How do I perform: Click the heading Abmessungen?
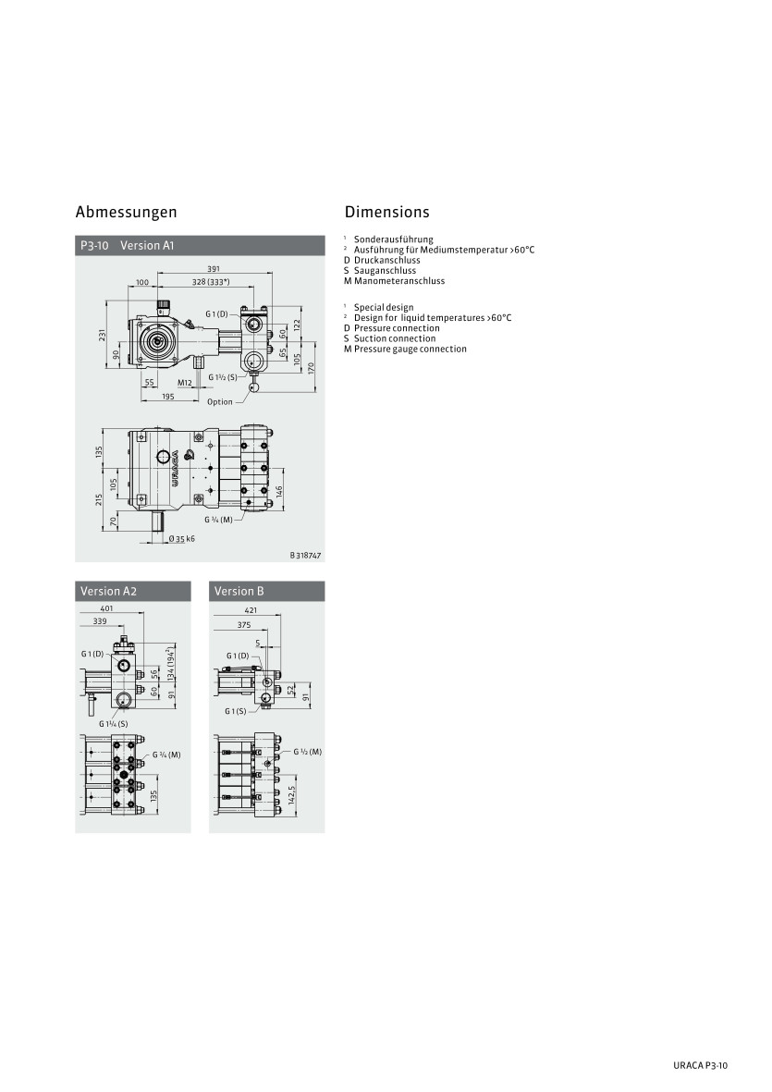[126, 212]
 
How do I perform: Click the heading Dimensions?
[387, 212]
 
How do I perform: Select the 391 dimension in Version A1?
[214, 269]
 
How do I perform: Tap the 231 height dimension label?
[102, 336]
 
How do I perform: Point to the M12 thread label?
[185, 383]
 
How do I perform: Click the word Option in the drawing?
[220, 402]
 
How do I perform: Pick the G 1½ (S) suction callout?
[223, 377]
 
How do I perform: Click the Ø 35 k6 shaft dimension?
[182, 538]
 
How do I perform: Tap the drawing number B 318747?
[306, 556]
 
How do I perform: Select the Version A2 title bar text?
[108, 591]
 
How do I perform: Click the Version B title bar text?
[239, 591]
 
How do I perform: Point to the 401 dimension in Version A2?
[106, 608]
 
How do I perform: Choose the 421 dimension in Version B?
[251, 610]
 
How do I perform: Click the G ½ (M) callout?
[308, 752]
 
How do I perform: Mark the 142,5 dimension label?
[292, 794]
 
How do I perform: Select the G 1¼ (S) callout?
[114, 724]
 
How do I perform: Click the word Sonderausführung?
[393, 239]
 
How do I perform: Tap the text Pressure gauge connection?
[410, 349]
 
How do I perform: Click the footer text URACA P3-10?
[700, 1065]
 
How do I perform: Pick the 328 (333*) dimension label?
[211, 282]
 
